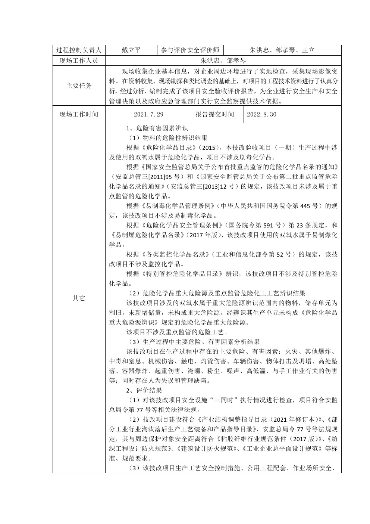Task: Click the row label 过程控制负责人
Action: (x=79, y=50)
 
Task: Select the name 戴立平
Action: (x=131, y=50)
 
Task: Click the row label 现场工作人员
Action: (x=79, y=61)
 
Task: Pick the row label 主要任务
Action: (x=79, y=86)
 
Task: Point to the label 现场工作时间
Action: (x=79, y=114)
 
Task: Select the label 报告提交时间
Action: (x=215, y=114)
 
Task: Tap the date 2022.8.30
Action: (x=261, y=114)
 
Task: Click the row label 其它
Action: (x=79, y=298)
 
